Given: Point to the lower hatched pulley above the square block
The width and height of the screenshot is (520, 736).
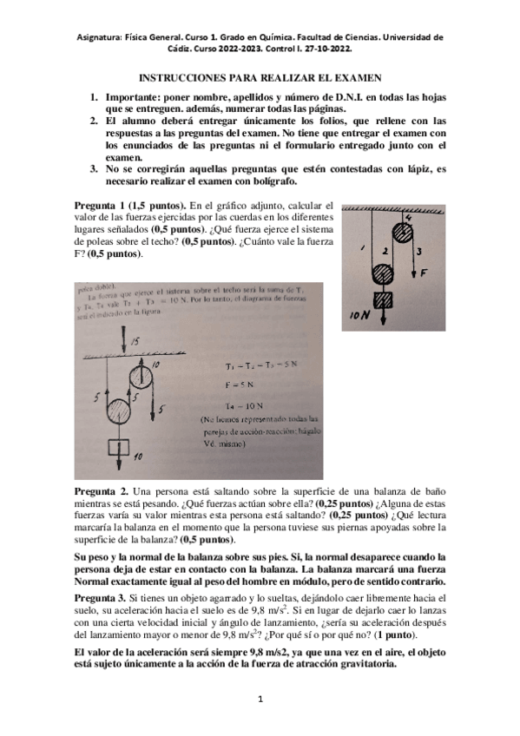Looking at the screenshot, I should (x=384, y=273).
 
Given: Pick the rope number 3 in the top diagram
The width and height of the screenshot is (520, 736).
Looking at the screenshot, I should (x=419, y=251).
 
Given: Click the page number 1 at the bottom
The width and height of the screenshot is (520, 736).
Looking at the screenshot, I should (x=260, y=699).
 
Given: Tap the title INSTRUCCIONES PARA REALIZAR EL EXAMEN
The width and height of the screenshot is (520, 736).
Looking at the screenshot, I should (x=259, y=76).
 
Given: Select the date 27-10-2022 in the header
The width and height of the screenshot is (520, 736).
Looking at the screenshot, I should (x=415, y=50).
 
